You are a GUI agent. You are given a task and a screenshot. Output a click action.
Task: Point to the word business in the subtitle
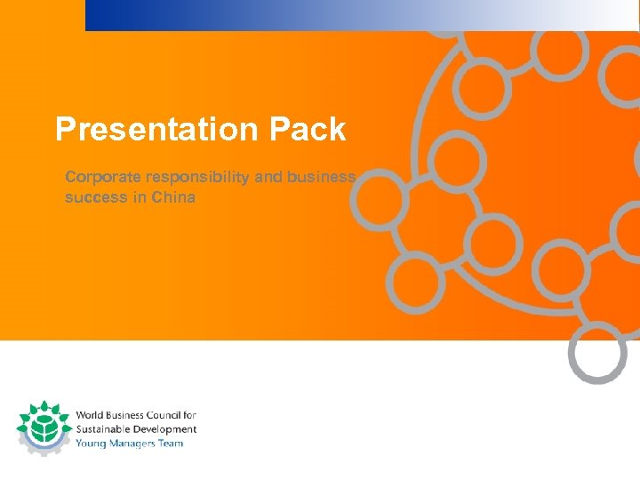tap(323, 177)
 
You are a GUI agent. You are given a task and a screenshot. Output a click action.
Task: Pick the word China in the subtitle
tap(173, 197)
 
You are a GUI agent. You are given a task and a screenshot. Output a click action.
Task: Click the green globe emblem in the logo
tap(43, 428)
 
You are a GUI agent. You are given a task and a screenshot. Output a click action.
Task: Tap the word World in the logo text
tap(89, 415)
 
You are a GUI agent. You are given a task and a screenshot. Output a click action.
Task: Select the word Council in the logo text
tap(161, 415)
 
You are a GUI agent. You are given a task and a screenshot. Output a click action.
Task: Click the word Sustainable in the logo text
tap(101, 429)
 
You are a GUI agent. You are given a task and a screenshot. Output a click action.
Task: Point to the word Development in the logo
tap(164, 429)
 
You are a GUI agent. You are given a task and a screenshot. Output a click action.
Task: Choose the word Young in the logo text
tap(90, 443)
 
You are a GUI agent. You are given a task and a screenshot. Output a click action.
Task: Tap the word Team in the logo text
tap(172, 443)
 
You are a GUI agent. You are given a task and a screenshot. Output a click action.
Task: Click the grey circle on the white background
tap(597, 353)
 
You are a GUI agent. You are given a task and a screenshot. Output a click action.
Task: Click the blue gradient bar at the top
tap(356, 15)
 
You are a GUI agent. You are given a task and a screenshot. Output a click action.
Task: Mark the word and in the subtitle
tap(268, 177)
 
